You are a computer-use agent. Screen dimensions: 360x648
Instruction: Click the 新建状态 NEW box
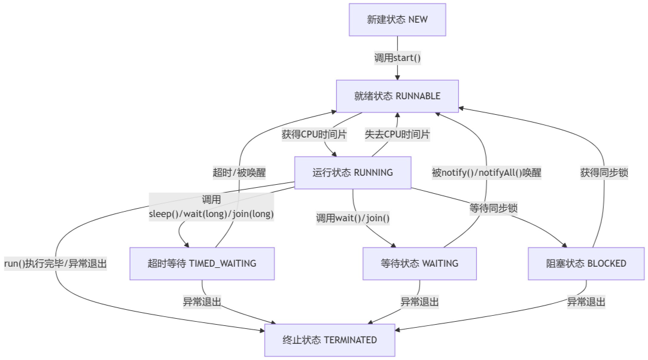click(397, 20)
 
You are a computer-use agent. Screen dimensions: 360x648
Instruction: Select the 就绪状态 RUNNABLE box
click(397, 96)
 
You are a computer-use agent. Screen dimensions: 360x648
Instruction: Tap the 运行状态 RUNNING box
click(352, 173)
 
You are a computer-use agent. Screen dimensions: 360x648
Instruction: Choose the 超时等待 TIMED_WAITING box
click(202, 264)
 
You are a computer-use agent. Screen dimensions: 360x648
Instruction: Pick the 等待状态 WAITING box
click(419, 264)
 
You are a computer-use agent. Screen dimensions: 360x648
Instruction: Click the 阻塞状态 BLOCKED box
click(586, 264)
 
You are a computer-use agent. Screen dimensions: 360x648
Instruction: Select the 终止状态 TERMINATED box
click(330, 340)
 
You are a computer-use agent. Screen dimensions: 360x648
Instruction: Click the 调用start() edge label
click(397, 58)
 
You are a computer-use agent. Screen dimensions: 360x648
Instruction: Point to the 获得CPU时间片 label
click(314, 135)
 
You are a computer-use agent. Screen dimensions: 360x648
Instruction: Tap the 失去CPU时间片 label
click(397, 135)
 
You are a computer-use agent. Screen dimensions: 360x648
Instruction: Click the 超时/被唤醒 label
click(239, 173)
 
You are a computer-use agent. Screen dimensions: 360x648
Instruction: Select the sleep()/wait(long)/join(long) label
click(211, 213)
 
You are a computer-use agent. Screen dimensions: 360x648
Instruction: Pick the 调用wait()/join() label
click(353, 218)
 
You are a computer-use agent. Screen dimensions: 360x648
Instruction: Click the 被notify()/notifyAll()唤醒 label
click(486, 173)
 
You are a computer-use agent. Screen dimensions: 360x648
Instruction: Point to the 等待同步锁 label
click(494, 208)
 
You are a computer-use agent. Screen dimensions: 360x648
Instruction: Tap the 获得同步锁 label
click(604, 173)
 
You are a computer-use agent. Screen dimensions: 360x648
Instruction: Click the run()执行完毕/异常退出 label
click(55, 264)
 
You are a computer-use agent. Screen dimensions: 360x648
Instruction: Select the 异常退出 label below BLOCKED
click(586, 302)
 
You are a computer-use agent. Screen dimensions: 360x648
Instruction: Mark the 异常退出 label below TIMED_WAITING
click(202, 302)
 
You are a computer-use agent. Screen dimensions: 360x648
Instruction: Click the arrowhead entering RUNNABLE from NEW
click(397, 77)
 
